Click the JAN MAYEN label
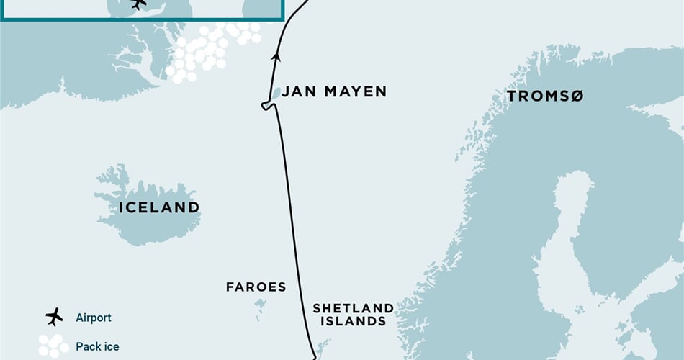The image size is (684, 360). (x=333, y=91)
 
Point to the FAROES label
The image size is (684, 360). (x=256, y=287)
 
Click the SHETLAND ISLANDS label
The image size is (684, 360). (x=353, y=315)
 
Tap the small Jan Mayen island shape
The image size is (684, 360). (x=276, y=94)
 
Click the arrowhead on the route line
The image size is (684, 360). (x=275, y=56)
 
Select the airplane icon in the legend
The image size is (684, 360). (x=54, y=317)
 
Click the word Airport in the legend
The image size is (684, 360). (x=94, y=318)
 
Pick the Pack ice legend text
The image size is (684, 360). (x=97, y=346)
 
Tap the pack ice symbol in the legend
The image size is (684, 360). (x=53, y=346)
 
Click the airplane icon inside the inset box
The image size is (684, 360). (x=138, y=4)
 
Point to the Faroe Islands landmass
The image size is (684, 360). (x=259, y=305)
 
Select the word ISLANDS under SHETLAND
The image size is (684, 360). (x=353, y=322)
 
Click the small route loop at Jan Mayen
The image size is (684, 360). (x=267, y=107)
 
